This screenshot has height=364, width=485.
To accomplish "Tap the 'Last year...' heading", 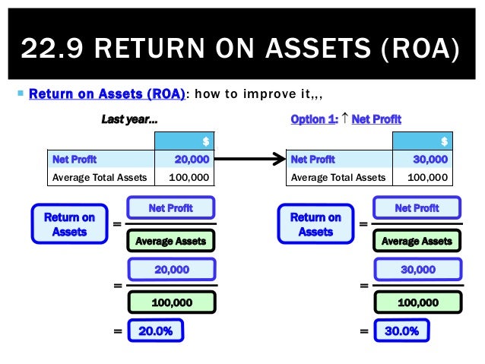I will point(130,119).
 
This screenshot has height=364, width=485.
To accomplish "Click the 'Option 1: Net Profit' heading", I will point(346,119).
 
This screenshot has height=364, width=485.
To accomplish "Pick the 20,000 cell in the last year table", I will point(183,160).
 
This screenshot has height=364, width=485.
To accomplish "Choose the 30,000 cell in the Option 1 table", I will point(422,160).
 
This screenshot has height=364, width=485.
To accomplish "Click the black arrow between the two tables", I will point(249,160).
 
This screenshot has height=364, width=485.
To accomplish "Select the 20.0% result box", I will point(156,331).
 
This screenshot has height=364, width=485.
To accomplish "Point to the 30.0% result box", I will point(401,331).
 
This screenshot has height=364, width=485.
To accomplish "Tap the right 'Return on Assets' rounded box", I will point(315,224).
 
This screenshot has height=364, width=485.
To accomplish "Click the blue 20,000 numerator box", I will point(171,270).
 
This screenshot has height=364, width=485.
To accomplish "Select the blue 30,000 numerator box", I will point(417,270).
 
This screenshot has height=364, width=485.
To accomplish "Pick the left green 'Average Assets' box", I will point(171,242).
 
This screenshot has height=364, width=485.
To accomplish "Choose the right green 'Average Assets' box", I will point(417,242).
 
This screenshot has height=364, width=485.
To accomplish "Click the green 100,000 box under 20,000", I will point(171,302).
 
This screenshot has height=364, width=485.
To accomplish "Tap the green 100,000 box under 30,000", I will point(417,302).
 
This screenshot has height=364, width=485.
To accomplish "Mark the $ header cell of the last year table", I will point(183,141).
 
